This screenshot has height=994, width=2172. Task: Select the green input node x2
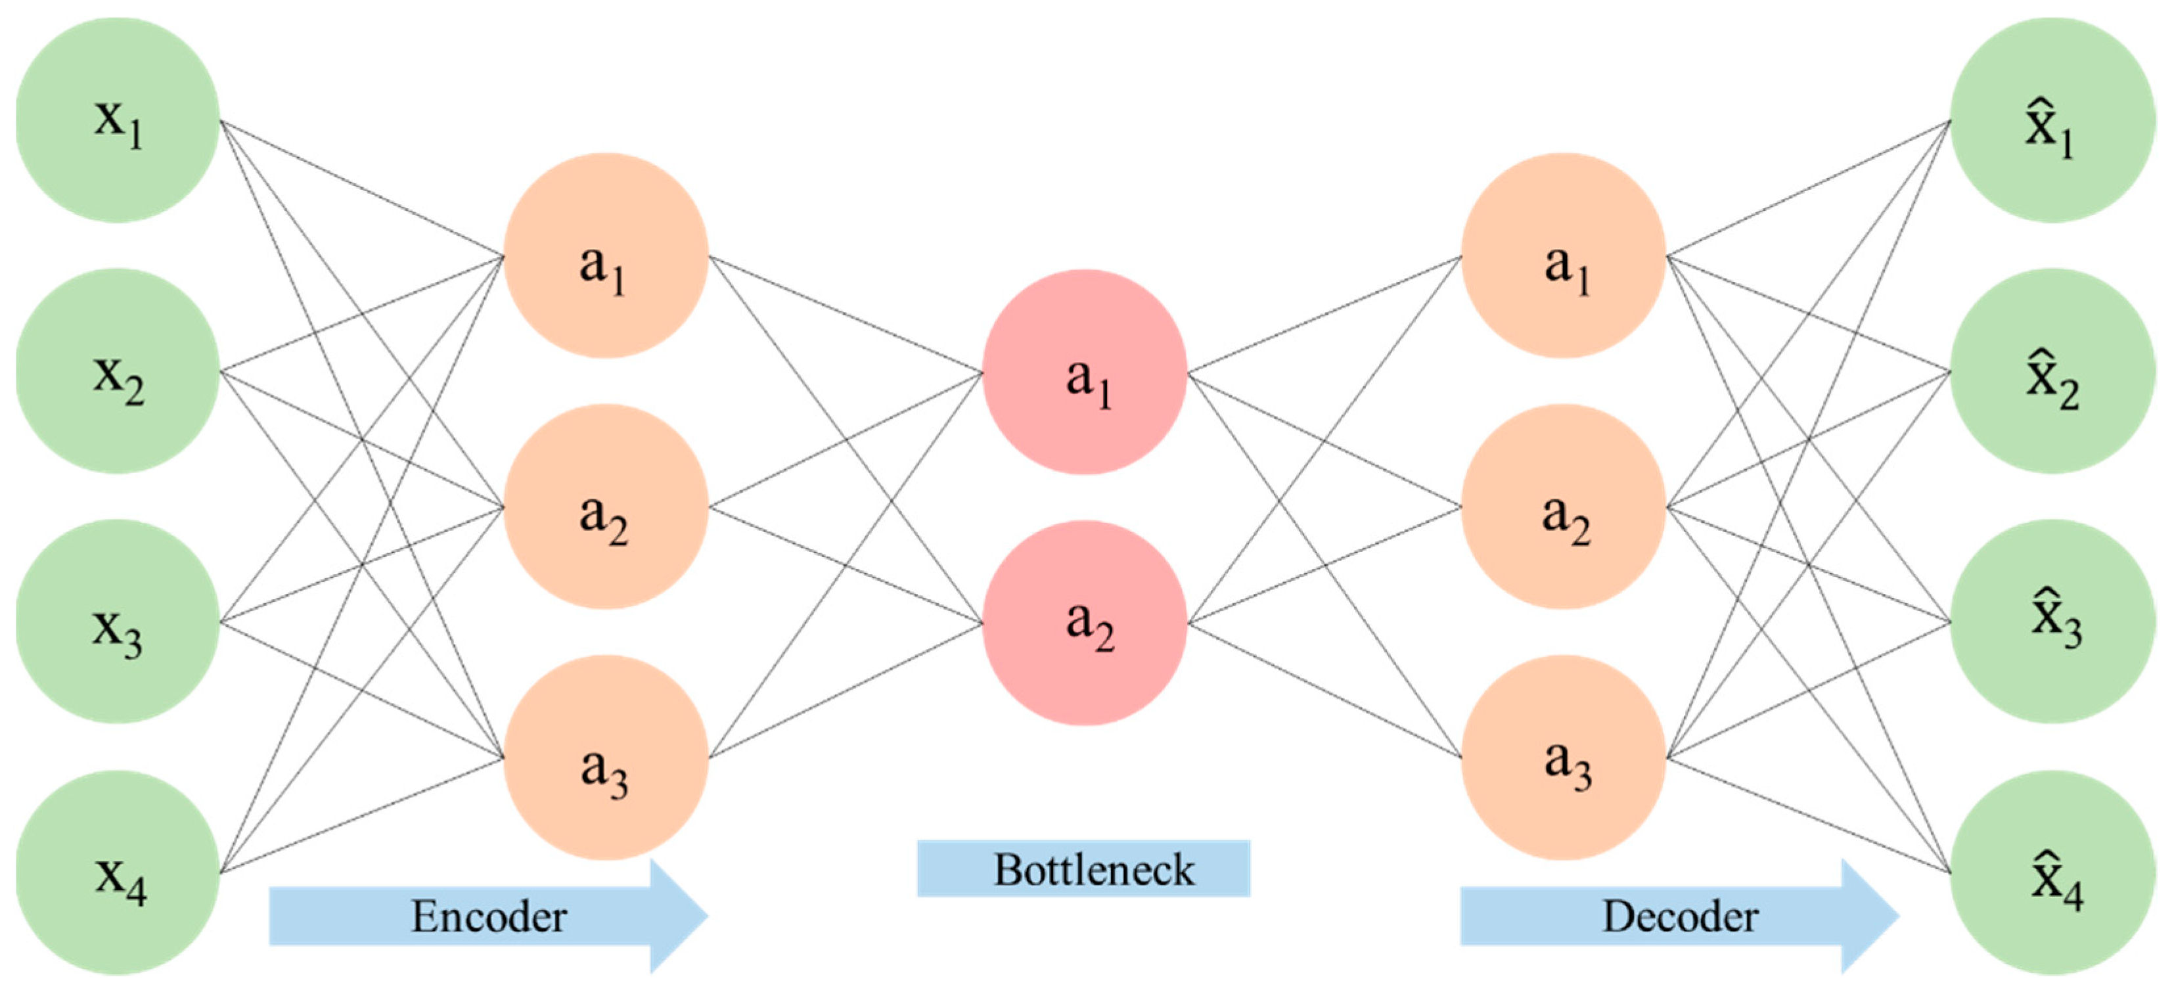(x=118, y=371)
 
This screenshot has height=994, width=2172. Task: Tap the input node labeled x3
(x=118, y=621)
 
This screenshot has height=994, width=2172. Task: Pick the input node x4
(x=118, y=872)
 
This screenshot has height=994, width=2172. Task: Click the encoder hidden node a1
(x=605, y=256)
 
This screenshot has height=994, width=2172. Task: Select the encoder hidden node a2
(x=605, y=507)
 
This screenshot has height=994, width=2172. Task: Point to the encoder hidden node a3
(x=605, y=757)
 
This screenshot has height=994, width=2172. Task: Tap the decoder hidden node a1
(x=1563, y=256)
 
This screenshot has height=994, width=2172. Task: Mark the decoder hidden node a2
(x=1563, y=507)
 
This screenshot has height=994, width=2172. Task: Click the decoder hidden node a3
(x=1563, y=757)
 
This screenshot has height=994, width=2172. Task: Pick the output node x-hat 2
(x=2052, y=371)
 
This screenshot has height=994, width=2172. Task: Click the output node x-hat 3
(x=2052, y=621)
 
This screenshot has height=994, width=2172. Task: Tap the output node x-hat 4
(x=2052, y=872)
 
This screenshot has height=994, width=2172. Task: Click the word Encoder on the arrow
(x=488, y=916)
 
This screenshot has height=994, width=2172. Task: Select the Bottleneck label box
(x=1083, y=869)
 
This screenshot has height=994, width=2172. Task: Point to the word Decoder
(x=1680, y=916)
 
